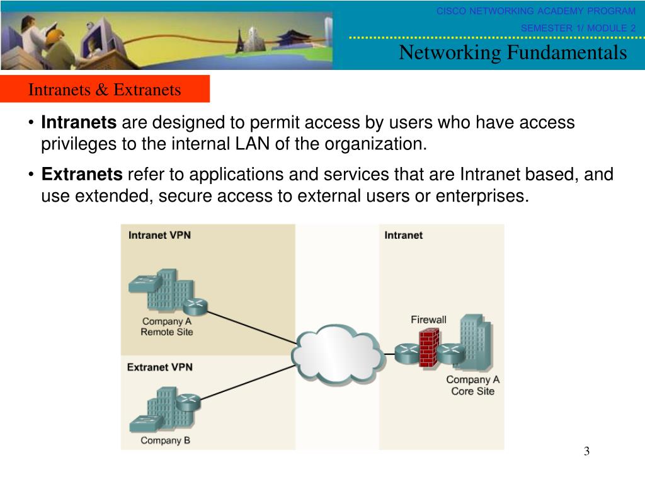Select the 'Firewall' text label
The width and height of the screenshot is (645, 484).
pyautogui.click(x=428, y=320)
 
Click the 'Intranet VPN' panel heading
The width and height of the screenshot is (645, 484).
pyautogui.click(x=159, y=236)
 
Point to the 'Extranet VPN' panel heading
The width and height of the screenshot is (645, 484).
pyautogui.click(x=160, y=367)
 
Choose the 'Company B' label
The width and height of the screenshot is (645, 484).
pyautogui.click(x=165, y=441)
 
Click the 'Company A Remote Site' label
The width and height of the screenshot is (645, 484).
pyautogui.click(x=166, y=326)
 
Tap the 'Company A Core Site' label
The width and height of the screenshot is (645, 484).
pyautogui.click(x=472, y=385)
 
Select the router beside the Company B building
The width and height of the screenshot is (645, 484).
pyautogui.click(x=187, y=401)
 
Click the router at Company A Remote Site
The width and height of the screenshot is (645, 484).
pyautogui.click(x=195, y=307)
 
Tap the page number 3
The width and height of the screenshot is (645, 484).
pyautogui.click(x=586, y=451)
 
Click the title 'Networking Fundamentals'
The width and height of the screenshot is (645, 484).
pyautogui.click(x=513, y=53)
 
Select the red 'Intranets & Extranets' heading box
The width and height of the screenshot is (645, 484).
pyautogui.click(x=105, y=89)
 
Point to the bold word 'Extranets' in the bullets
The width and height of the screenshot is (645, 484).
pyautogui.click(x=82, y=175)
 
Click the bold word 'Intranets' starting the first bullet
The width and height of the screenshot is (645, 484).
pyautogui.click(x=79, y=122)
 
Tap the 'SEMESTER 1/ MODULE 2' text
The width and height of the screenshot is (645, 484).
pyautogui.click(x=578, y=28)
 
